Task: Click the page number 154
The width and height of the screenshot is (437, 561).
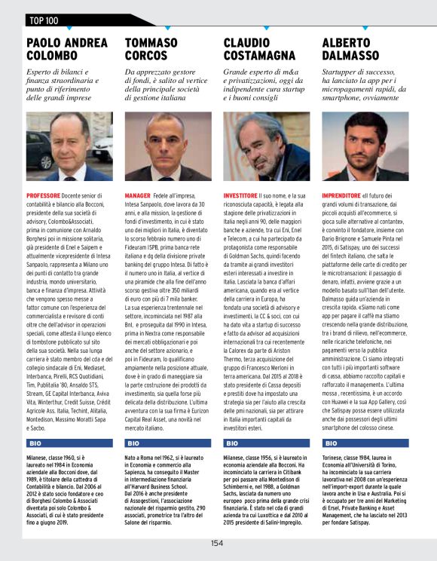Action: tap(217, 543)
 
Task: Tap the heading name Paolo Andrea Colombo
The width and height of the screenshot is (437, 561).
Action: tap(66, 48)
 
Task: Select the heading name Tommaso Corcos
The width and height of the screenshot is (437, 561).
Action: tap(157, 48)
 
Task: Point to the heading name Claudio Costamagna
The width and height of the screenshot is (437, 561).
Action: tap(259, 48)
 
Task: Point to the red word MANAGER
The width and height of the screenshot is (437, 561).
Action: tap(137, 195)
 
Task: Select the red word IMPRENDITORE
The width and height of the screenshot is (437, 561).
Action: tap(344, 195)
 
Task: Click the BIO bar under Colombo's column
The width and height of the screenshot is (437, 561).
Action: tap(69, 443)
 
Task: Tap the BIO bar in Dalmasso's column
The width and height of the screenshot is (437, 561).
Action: tap(365, 443)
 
